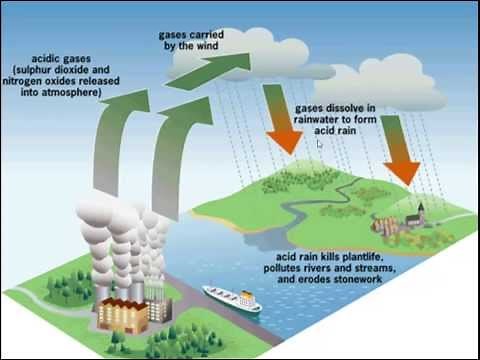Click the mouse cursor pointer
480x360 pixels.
pos(319,144)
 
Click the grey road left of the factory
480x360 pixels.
pos(40,291)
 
